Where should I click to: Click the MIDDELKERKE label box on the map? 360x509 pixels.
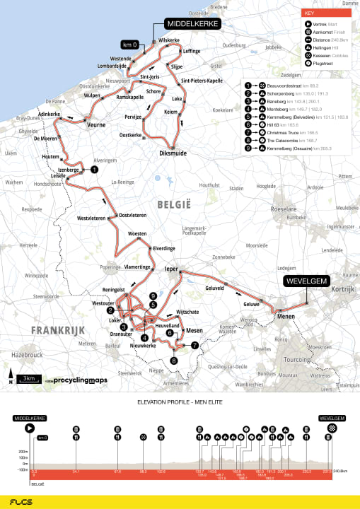192,23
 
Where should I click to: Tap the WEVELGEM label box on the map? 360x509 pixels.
307,281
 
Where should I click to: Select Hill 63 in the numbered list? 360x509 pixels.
277,124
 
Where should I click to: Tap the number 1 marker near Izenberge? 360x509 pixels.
94,170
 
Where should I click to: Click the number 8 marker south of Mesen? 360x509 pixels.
173,360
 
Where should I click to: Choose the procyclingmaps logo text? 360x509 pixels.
81,380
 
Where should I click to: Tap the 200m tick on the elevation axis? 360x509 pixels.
23,450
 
